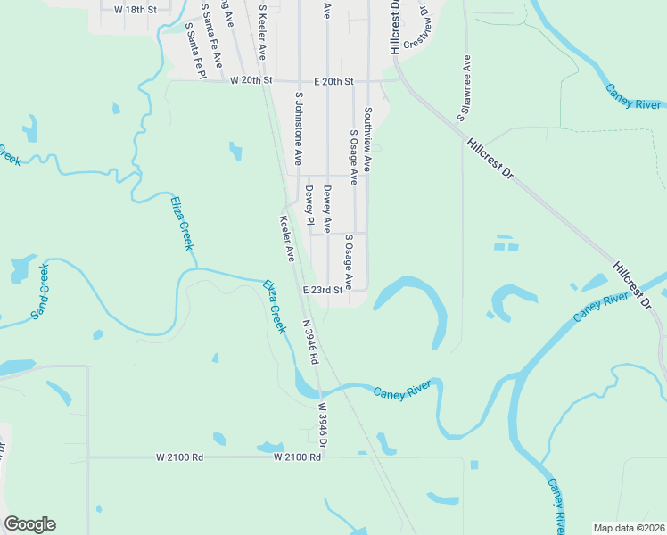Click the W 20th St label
pos(250,81)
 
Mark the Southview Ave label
pos(366,140)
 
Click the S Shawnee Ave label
pos(463,87)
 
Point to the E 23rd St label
pos(322,290)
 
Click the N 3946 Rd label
pos(309,343)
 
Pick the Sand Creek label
pos(40,291)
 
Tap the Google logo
pos(29,524)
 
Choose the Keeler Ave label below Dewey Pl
pos(287,238)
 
